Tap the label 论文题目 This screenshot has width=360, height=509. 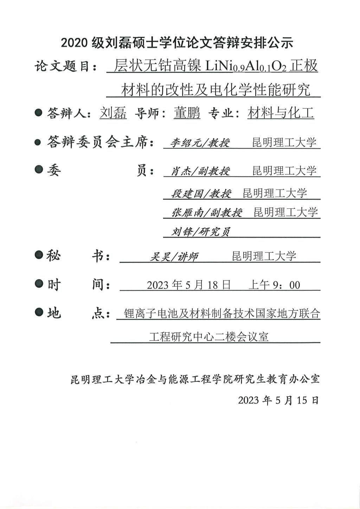[65, 66]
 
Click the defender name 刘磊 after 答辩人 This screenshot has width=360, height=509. [113, 113]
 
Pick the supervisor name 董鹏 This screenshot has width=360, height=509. [187, 113]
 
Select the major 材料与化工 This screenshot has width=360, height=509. [281, 113]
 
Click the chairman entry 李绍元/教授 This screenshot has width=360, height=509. [200, 143]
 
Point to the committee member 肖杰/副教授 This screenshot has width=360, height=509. [200, 171]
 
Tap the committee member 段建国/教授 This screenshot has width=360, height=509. [201, 193]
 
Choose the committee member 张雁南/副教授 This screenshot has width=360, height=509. [207, 213]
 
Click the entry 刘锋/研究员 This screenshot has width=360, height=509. [201, 232]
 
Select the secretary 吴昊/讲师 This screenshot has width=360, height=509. [174, 257]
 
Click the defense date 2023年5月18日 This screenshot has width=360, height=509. [188, 285]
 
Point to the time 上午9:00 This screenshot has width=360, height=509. [274, 285]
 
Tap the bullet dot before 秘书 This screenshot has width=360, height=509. [39, 254]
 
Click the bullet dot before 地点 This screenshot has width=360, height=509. [39, 312]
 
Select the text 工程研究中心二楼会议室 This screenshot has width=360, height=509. [209, 336]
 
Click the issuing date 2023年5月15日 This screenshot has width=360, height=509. [278, 400]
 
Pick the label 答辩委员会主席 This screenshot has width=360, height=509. [100, 142]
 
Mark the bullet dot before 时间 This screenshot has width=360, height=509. [39, 283]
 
